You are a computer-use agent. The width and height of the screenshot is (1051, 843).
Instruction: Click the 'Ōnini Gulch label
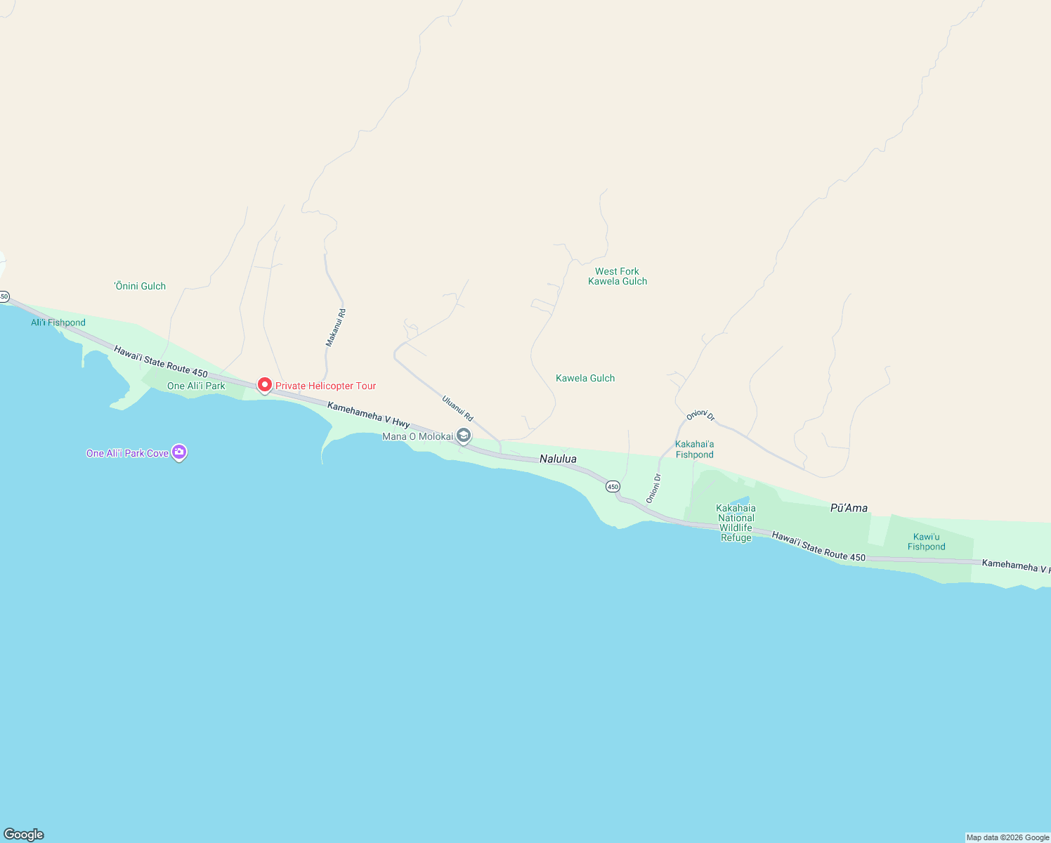[141, 286]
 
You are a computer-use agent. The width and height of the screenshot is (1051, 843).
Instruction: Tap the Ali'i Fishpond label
[58, 322]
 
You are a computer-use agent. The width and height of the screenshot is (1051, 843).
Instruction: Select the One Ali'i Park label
[196, 386]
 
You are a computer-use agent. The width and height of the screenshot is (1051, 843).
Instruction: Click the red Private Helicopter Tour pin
[265, 385]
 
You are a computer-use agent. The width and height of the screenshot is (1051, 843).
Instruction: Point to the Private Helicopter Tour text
[325, 386]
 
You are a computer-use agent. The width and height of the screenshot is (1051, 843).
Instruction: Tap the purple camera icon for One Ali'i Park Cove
[179, 452]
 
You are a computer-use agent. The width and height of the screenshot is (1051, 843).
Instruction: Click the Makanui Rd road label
[336, 327]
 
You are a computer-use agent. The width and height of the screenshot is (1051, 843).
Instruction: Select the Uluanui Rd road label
[457, 408]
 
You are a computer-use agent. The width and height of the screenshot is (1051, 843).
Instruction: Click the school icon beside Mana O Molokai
[464, 436]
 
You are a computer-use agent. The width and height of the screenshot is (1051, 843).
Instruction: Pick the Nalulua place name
[558, 459]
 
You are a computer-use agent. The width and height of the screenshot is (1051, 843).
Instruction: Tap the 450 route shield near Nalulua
[613, 487]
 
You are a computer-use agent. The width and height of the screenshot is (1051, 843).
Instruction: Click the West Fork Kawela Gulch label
[618, 276]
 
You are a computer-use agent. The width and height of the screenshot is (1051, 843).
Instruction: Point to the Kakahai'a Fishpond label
[694, 449]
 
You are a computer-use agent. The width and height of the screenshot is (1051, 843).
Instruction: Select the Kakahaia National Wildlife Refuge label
[736, 523]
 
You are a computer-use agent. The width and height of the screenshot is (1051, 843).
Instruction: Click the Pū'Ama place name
[849, 508]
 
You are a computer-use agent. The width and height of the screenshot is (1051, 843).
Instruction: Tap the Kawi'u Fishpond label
[926, 542]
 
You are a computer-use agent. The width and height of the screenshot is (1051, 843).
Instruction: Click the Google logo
[24, 835]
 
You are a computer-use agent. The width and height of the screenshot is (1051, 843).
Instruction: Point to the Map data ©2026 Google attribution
[1007, 837]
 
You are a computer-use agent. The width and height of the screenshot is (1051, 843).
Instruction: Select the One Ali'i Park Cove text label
[127, 453]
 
